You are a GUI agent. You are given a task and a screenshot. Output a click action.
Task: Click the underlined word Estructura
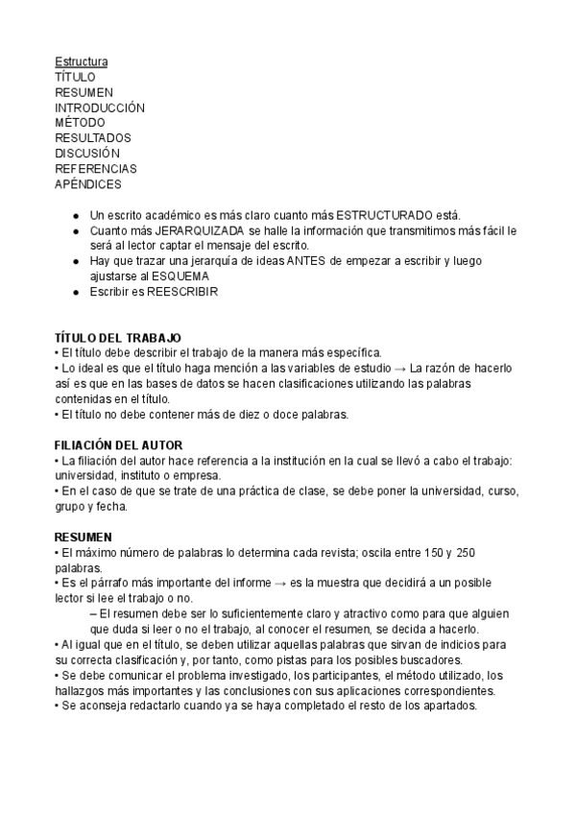[82, 61]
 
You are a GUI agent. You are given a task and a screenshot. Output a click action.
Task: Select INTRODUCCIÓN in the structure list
[100, 108]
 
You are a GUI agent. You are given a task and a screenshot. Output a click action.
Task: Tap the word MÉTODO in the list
[81, 123]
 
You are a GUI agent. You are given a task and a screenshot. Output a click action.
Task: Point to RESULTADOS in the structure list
[93, 138]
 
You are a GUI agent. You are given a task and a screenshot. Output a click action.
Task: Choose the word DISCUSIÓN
[87, 154]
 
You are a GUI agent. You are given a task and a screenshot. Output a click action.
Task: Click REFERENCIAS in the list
[96, 169]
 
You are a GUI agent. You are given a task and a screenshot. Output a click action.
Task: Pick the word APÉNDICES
[88, 184]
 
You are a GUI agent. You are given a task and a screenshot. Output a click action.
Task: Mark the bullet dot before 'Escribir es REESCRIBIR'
[77, 292]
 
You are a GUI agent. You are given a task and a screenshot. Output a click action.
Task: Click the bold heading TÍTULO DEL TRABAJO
[118, 338]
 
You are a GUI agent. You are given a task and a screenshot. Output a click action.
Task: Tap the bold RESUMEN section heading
[84, 538]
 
